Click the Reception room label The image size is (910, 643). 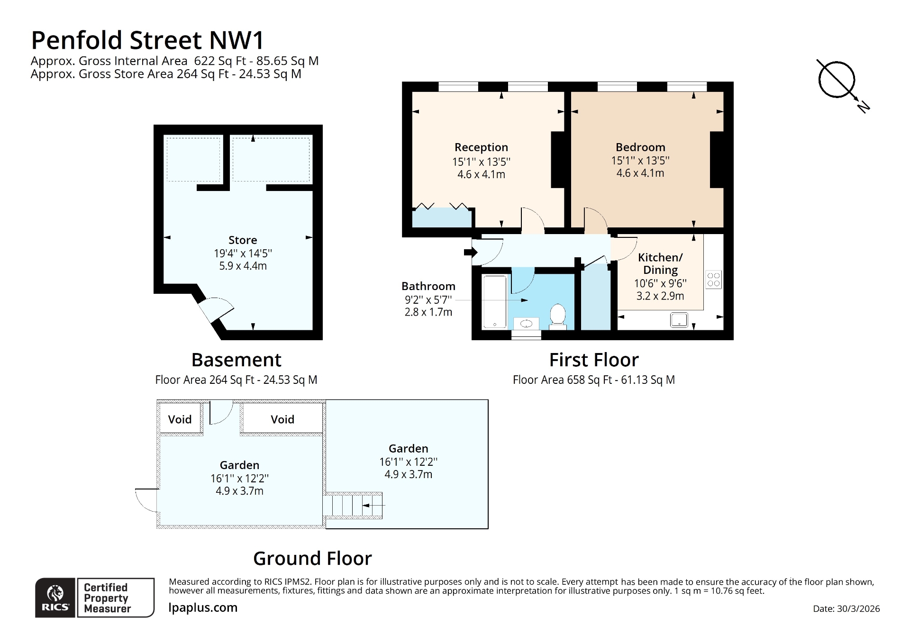coord(481,147)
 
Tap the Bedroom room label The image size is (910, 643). coord(640,147)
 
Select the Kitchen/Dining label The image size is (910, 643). coord(660,263)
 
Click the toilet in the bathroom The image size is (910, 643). coord(558,316)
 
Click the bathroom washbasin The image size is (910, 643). coord(527,324)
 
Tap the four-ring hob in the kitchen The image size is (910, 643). coord(713,279)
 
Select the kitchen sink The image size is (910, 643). coord(679,320)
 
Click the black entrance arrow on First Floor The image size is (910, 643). coord(470,252)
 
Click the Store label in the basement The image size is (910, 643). coord(243,240)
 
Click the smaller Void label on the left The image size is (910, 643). coord(180,419)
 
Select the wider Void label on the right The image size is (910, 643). coord(282,419)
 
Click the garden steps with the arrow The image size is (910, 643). coord(354,506)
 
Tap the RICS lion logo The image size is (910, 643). coord(55,598)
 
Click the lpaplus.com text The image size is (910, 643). coord(203,607)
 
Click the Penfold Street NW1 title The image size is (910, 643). coord(147,40)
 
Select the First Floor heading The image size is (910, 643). coord(593,360)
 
